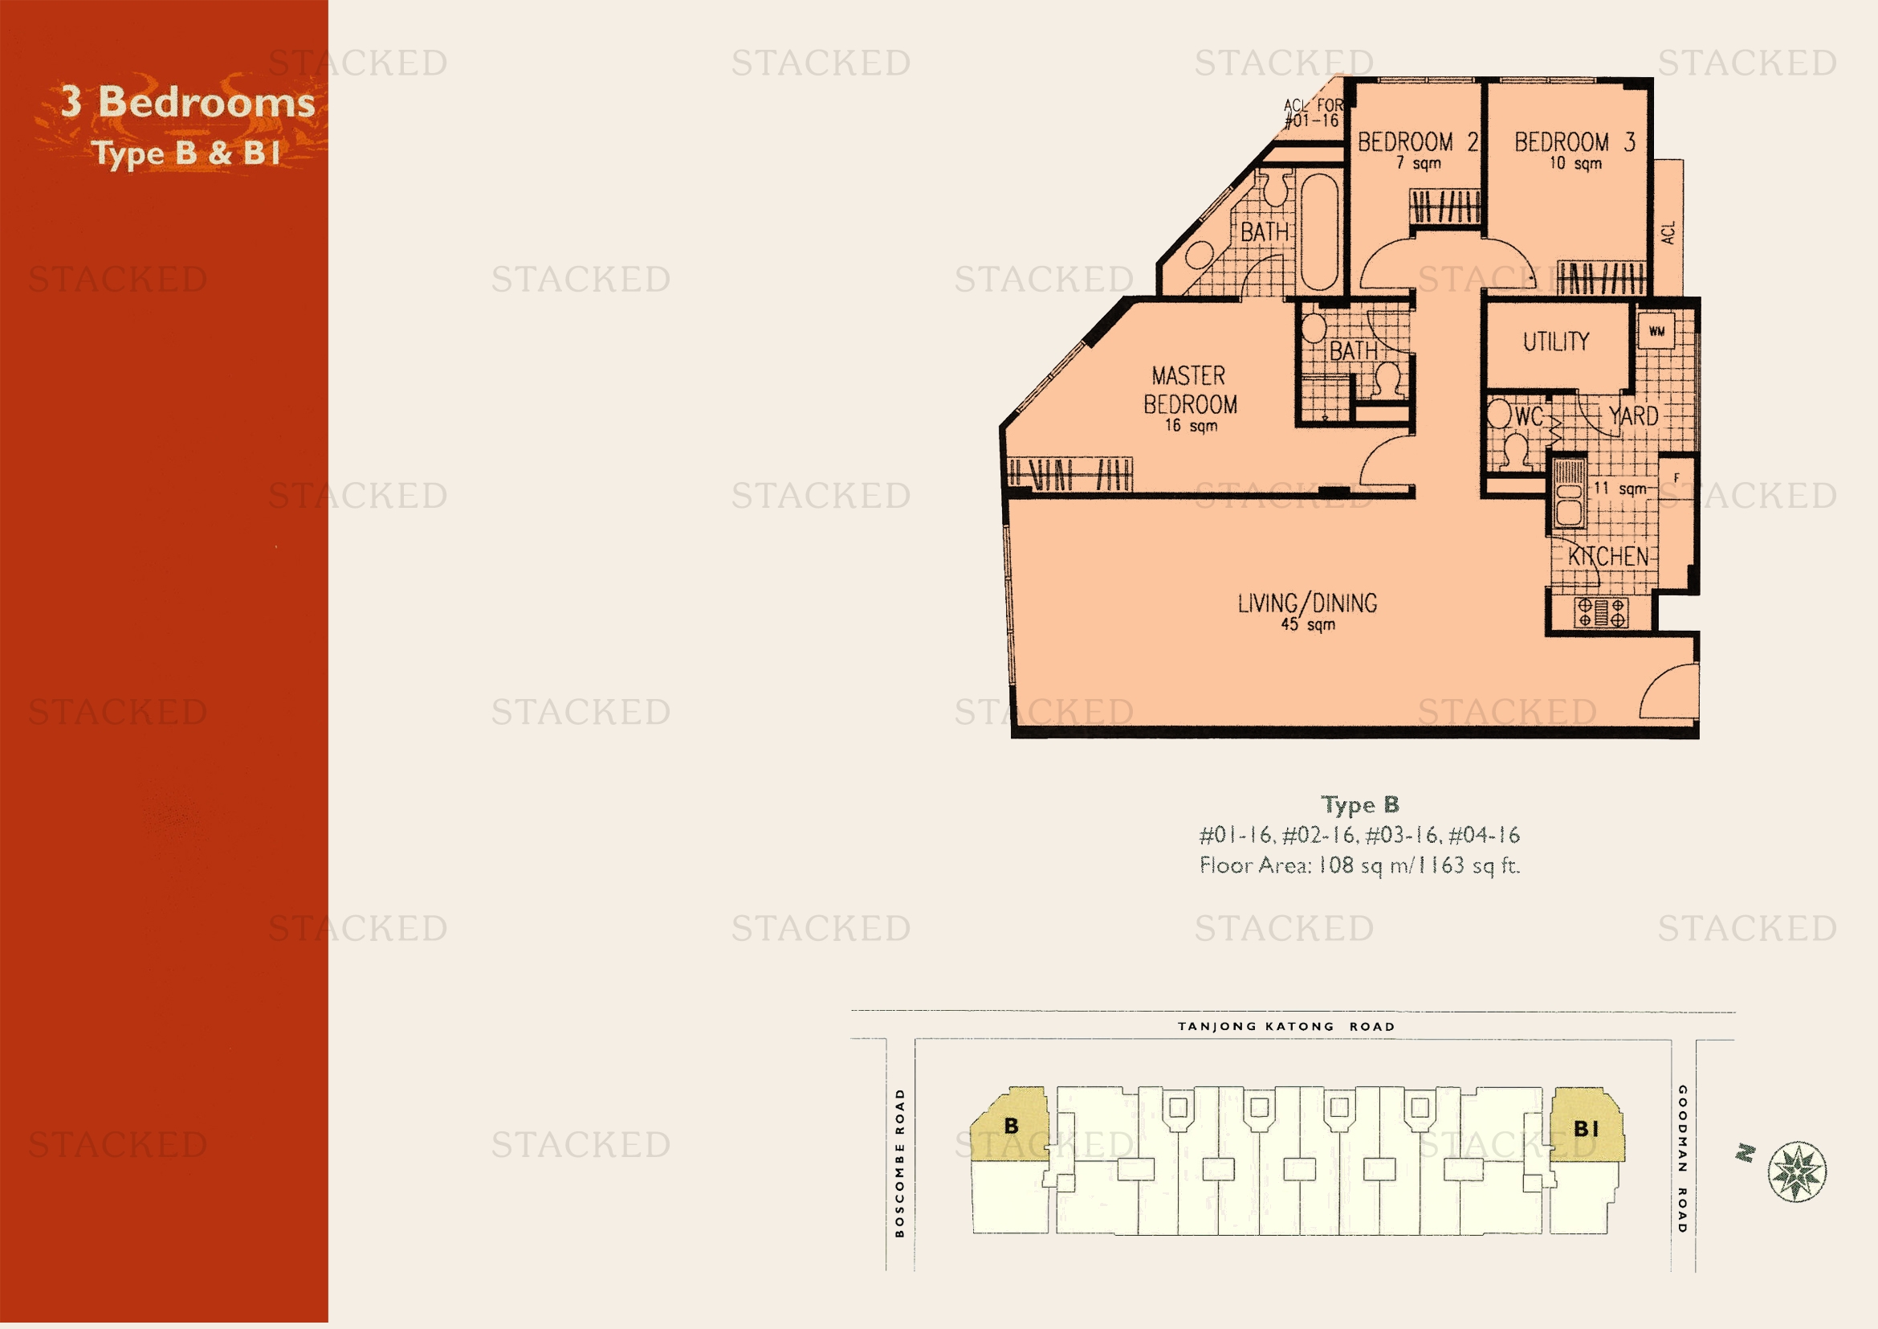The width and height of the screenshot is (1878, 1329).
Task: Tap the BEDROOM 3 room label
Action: click(x=1575, y=142)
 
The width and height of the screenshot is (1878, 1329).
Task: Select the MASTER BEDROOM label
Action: click(x=1190, y=391)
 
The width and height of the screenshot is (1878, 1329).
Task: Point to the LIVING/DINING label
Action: click(x=1307, y=603)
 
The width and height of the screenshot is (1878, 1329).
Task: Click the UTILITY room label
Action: click(x=1556, y=341)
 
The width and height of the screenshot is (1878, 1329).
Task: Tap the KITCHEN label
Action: click(x=1608, y=557)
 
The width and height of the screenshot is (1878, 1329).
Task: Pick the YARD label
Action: click(x=1633, y=415)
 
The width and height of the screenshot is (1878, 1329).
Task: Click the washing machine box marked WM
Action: click(x=1656, y=331)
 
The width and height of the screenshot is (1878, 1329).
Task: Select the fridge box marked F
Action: click(x=1676, y=479)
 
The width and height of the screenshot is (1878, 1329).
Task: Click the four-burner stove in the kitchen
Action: click(x=1601, y=613)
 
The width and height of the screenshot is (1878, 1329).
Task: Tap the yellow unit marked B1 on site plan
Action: click(x=1587, y=1124)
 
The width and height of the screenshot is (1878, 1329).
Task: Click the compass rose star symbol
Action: click(x=1796, y=1171)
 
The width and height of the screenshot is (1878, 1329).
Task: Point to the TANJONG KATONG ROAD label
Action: click(x=1285, y=1026)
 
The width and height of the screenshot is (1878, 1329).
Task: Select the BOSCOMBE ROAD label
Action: click(x=900, y=1162)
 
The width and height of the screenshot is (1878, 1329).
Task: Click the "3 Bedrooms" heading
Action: click(x=188, y=102)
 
